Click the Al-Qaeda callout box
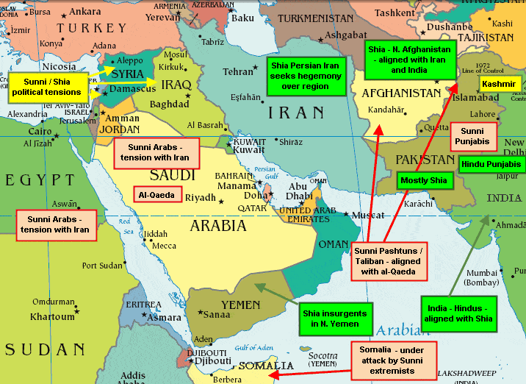point(157,196)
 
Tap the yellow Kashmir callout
point(500,85)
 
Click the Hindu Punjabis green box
point(491,164)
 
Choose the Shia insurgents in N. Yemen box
point(331,318)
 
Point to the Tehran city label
point(238,72)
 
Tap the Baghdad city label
point(170,104)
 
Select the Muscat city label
point(368,215)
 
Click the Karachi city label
point(419,202)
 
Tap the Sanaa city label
point(217,316)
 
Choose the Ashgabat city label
point(345,35)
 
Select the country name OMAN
point(334,245)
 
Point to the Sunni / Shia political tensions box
point(46,88)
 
